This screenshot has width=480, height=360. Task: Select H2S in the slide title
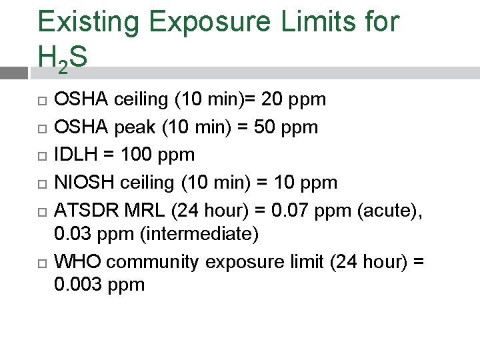(x=62, y=59)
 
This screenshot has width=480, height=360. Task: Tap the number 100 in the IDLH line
(x=133, y=155)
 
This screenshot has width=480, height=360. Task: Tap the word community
(x=151, y=262)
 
